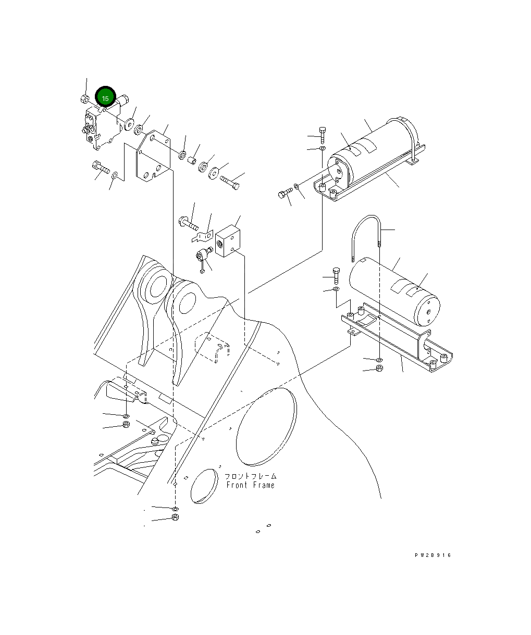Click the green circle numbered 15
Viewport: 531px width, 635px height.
pos(105,97)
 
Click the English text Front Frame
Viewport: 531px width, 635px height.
pos(250,485)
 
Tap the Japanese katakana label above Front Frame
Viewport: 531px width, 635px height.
pos(250,476)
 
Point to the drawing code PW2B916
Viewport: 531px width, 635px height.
pos(433,555)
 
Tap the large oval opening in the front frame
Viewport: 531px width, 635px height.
pos(266,426)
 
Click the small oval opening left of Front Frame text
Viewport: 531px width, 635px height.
pos(204,486)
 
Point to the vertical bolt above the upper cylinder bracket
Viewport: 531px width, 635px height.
pos(322,135)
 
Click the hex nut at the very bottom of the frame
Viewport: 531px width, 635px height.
pos(175,518)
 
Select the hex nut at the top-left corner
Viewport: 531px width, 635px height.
pos(84,98)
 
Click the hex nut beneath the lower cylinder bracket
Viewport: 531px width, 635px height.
pos(379,369)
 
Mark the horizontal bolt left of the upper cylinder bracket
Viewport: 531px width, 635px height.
pos(285,195)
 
